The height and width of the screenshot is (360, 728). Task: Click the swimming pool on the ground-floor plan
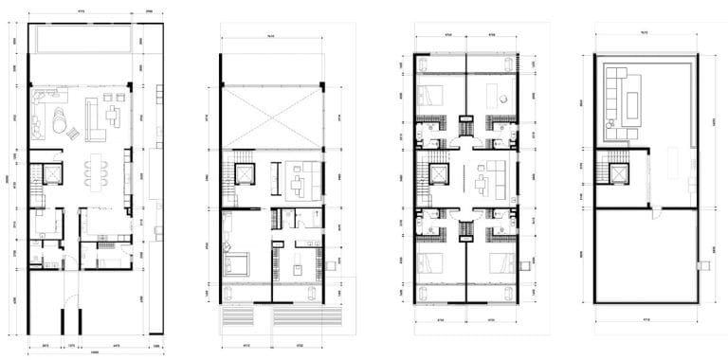[80, 41]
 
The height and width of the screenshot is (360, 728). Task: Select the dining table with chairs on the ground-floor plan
[96, 173]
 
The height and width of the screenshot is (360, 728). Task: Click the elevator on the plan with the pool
[50, 173]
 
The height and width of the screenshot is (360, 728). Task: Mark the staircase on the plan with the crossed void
[227, 175]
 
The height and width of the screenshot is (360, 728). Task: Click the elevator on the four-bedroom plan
[439, 175]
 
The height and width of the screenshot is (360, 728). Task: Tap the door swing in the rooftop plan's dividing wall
[654, 215]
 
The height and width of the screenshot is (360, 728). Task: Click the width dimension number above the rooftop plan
[643, 31]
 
